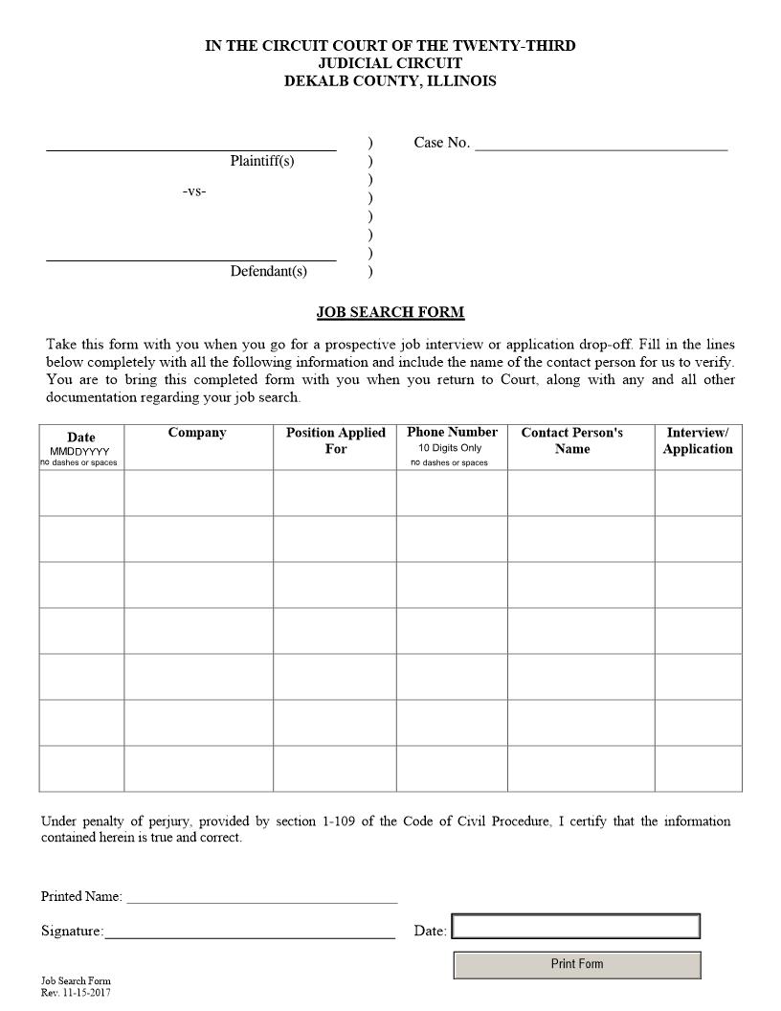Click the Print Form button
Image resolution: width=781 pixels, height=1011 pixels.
[576, 964]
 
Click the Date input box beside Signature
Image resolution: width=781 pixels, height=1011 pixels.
[575, 927]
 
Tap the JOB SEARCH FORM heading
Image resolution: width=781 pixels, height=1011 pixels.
[390, 312]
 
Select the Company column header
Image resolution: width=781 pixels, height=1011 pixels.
[197, 433]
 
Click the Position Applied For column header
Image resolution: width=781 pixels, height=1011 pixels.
[335, 440]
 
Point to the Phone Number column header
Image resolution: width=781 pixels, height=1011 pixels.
[452, 432]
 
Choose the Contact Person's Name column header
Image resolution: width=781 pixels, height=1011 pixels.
[571, 440]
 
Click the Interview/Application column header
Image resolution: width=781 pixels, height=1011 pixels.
[698, 440]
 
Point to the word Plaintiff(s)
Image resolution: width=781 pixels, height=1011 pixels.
[262, 161]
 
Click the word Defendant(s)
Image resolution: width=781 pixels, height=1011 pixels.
[268, 271]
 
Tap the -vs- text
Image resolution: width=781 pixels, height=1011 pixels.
[194, 191]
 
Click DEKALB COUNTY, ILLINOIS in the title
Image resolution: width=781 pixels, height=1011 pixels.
[390, 81]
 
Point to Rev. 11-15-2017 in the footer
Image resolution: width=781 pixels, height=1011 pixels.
[76, 993]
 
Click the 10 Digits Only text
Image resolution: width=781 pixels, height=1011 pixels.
[450, 448]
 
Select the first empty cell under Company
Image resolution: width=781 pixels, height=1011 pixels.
[198, 493]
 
